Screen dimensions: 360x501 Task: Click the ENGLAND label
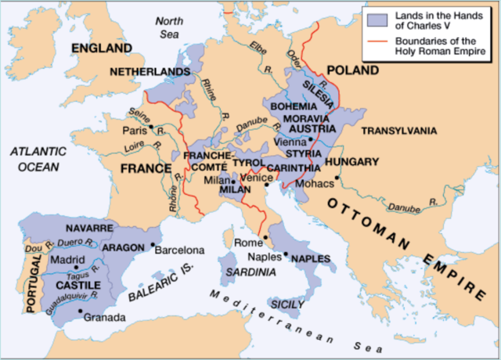[102, 49]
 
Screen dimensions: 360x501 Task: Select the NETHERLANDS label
[150, 71]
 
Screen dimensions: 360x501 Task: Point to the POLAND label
[351, 70]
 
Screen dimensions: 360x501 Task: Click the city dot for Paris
[150, 126]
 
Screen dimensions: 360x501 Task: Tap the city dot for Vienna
[311, 139]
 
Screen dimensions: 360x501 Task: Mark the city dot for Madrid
[76, 267]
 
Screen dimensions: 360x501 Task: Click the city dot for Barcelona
[151, 245]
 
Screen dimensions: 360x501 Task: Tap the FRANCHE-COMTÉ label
[206, 161]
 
